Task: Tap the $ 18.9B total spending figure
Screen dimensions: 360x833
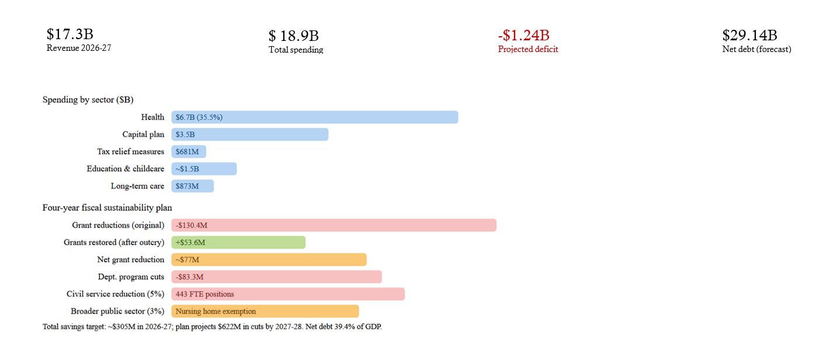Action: [x=293, y=36]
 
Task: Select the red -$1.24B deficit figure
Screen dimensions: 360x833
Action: [x=523, y=35]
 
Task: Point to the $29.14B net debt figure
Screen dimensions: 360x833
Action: [x=749, y=35]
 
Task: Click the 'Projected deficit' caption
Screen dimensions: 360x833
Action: [x=527, y=49]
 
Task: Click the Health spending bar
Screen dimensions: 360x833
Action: [x=314, y=117]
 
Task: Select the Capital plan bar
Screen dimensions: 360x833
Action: [x=249, y=134]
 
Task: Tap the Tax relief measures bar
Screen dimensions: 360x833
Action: [x=189, y=152]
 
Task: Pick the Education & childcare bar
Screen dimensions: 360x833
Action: [x=204, y=169]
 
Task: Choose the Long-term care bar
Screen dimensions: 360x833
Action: [x=192, y=186]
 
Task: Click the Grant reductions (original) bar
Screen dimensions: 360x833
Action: [x=334, y=226]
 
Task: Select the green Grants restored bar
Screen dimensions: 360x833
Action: [x=238, y=243]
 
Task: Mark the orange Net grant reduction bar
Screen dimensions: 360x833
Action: [x=269, y=260]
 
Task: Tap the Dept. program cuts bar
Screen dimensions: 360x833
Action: [x=276, y=277]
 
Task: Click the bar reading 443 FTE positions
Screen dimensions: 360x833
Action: [x=287, y=294]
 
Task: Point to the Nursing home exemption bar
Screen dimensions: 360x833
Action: [x=265, y=311]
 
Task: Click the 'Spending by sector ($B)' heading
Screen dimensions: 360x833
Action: [x=88, y=100]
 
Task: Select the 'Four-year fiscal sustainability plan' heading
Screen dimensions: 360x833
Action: [x=107, y=207]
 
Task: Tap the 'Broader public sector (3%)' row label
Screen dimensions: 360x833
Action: [x=117, y=311]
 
